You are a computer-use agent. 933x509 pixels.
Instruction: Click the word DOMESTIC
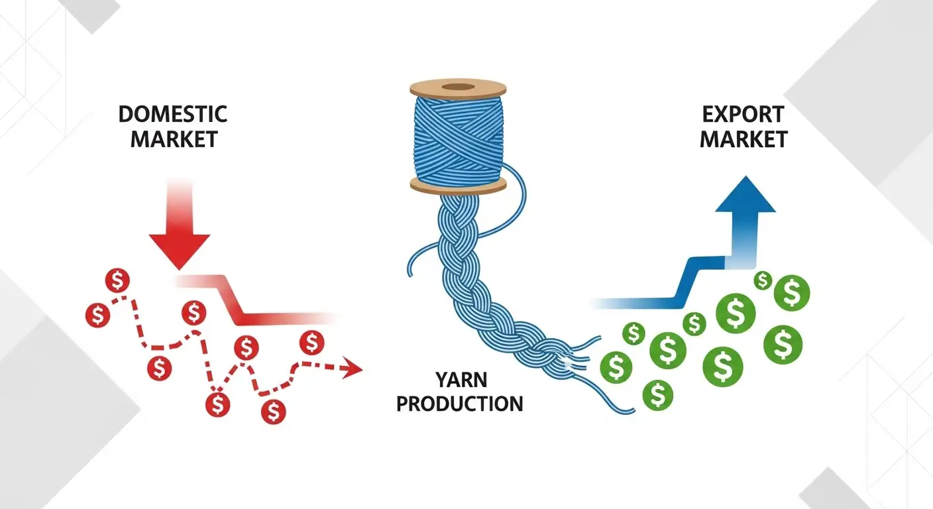coord(172,114)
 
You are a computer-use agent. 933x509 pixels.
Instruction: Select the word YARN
coord(461,380)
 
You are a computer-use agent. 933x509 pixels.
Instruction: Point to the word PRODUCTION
coord(459,403)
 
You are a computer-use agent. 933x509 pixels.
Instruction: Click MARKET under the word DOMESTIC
coord(174,139)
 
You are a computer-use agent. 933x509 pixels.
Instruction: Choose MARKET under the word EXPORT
coord(744,139)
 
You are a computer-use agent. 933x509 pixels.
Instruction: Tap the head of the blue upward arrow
coord(745,195)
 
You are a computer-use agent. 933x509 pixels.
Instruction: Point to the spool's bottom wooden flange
coord(457,185)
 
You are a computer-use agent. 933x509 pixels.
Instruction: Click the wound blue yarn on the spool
coord(457,136)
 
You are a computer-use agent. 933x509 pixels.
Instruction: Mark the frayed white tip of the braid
coord(569,361)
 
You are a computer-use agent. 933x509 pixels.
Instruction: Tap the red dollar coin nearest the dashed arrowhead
coord(311,343)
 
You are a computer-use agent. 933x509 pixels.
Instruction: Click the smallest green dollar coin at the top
coord(763,281)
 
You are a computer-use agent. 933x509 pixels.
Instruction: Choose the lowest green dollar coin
coord(657,395)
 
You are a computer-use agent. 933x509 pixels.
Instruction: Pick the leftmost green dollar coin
coord(616,365)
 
